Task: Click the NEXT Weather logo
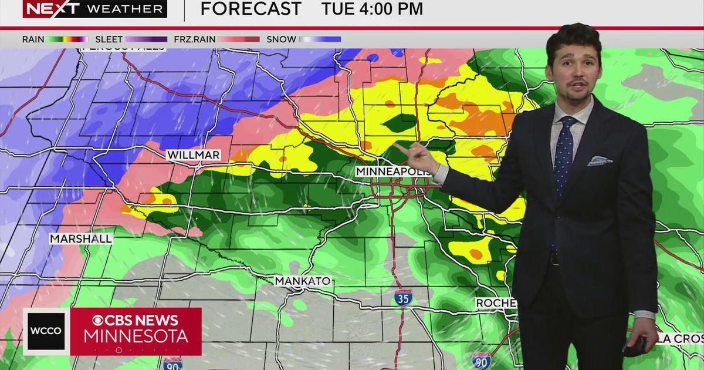[94, 9]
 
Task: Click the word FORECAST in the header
[251, 9]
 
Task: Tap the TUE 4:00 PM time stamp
[372, 9]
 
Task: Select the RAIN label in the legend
[33, 39]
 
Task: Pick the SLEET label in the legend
[109, 39]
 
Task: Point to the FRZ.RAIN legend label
[194, 39]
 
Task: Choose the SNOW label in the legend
[281, 39]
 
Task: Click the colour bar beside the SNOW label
[320, 39]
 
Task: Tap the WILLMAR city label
[193, 155]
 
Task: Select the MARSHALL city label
[80, 239]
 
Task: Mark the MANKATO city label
[303, 281]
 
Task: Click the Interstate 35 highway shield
[403, 297]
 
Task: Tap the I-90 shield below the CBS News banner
[172, 364]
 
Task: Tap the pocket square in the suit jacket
[599, 160]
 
